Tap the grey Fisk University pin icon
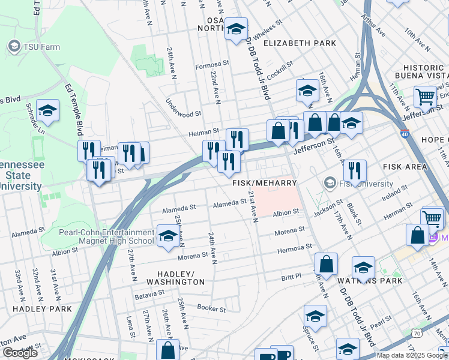coord(330,182)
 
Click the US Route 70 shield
coord(417,332)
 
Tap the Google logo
coord(20,353)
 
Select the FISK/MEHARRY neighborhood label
coord(265,182)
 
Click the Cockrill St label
coord(277,70)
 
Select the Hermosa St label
coord(294,247)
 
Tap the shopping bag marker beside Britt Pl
coord(326,264)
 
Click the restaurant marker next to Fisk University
coord(355,170)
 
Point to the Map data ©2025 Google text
coord(412,355)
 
